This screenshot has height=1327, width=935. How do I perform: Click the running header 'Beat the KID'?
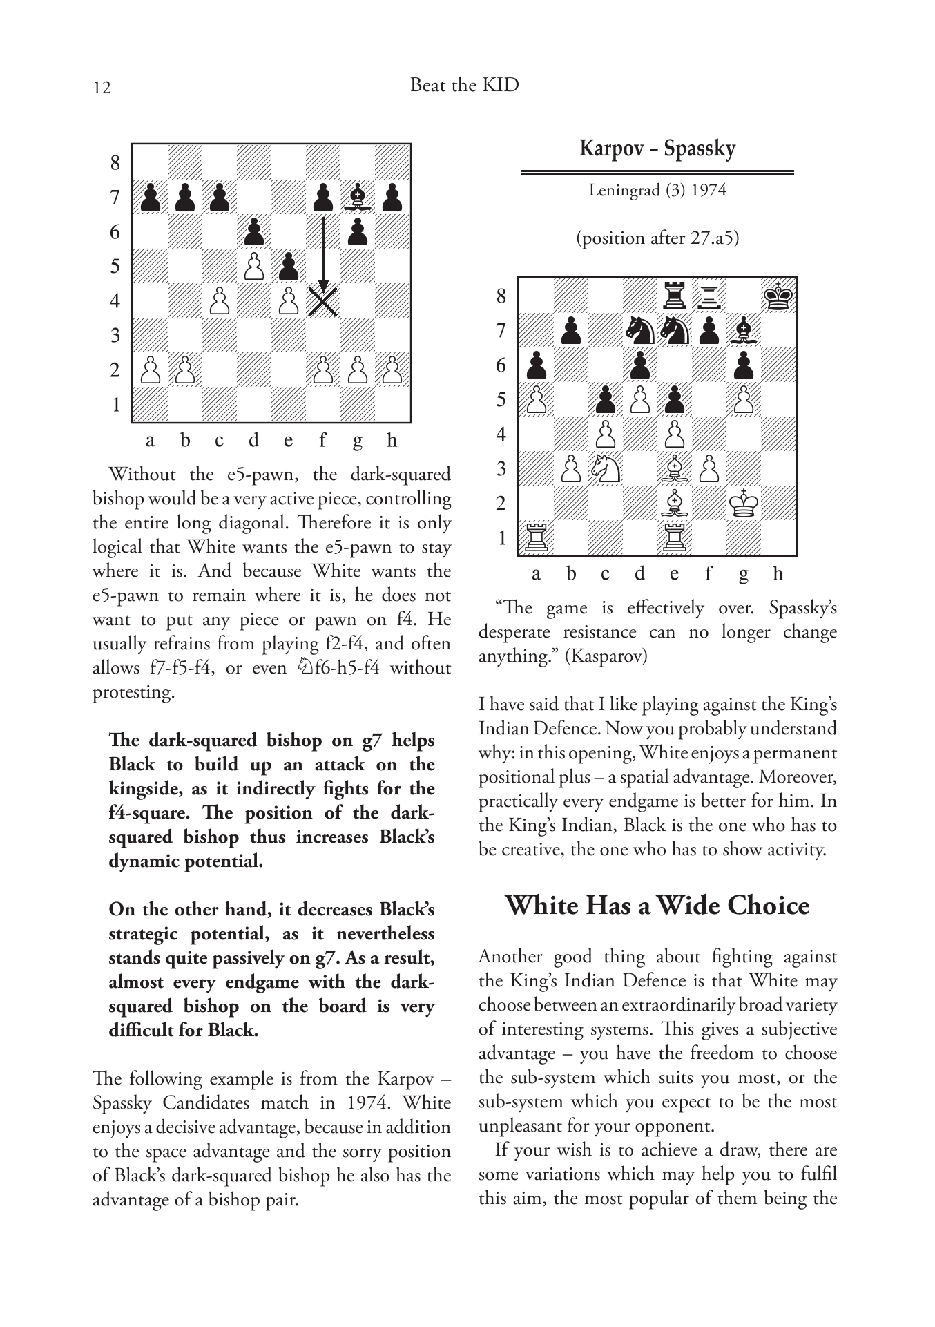click(x=464, y=85)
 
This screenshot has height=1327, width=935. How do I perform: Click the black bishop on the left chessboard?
click(x=358, y=198)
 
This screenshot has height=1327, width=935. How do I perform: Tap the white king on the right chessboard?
click(x=744, y=503)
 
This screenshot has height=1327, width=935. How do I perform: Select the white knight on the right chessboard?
click(x=606, y=469)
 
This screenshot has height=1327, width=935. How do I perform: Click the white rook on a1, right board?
click(x=537, y=538)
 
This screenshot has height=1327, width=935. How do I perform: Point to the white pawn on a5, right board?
click(x=537, y=400)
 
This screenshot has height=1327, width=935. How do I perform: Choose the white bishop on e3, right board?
click(x=675, y=469)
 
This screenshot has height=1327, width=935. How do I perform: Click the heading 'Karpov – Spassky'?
click(x=657, y=149)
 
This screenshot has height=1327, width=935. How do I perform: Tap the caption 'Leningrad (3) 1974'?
click(x=657, y=190)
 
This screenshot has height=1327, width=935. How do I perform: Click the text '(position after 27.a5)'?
click(x=657, y=238)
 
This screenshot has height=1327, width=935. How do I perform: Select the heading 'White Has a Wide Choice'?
click(x=657, y=905)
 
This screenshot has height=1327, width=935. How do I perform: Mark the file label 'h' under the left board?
click(x=392, y=441)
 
